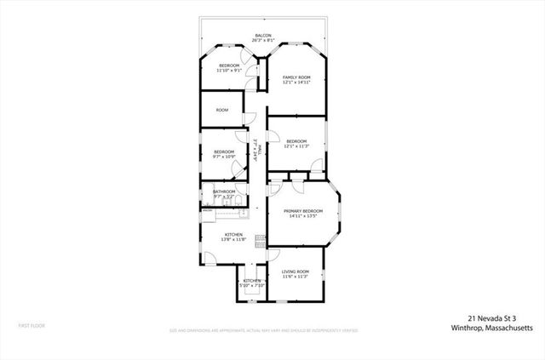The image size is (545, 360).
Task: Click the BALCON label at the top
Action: [x=262, y=36]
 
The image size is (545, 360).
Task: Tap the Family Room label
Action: [x=296, y=77]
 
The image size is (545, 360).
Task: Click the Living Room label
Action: [x=295, y=271]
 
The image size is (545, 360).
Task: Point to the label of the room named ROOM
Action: [x=221, y=110]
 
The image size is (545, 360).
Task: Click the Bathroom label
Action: [x=224, y=191]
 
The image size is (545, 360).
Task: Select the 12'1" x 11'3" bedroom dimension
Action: [x=296, y=146]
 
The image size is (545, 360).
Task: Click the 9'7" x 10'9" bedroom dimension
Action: [x=224, y=157]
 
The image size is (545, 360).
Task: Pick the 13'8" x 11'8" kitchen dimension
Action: [x=234, y=239]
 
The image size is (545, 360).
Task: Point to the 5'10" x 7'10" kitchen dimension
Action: [x=251, y=285]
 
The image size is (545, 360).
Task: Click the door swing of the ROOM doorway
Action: [x=249, y=118]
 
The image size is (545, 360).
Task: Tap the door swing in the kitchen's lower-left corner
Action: [x=209, y=259]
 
